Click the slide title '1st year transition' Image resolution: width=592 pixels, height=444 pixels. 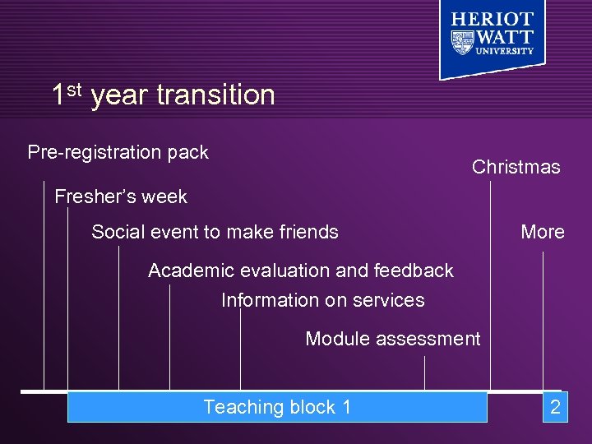(163, 95)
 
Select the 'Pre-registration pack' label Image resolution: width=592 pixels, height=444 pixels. (118, 152)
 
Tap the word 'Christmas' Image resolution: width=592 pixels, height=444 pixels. (516, 167)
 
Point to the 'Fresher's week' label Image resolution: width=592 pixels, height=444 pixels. (120, 197)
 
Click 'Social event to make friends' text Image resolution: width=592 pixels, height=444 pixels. (215, 232)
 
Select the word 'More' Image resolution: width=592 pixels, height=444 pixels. (542, 232)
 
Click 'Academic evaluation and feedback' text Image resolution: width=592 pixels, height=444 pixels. (300, 271)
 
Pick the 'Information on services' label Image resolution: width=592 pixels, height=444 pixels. (322, 300)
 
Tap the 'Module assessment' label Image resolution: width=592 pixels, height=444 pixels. (392, 338)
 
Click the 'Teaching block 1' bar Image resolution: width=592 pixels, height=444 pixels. (277, 407)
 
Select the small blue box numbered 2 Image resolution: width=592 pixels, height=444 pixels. (555, 407)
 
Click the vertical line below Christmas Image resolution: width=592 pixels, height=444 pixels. (491, 288)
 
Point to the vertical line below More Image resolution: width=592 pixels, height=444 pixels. (543, 321)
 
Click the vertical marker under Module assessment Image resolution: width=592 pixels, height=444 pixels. (424, 373)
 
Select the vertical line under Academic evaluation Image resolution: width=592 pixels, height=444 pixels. (169, 337)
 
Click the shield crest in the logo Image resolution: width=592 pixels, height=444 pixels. (464, 41)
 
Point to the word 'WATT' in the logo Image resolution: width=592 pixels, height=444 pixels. (506, 37)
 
